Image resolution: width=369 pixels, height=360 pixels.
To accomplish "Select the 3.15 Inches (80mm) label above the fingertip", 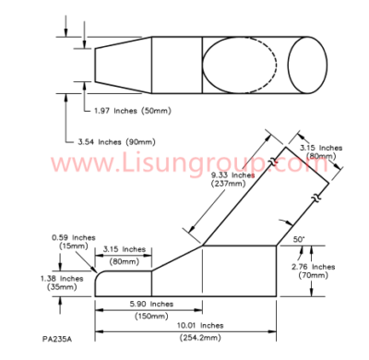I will [x=125, y=254].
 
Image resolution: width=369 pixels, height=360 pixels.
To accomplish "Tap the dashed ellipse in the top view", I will [x=238, y=64].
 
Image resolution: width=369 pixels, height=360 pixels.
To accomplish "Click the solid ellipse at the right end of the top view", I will [x=307, y=64].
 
